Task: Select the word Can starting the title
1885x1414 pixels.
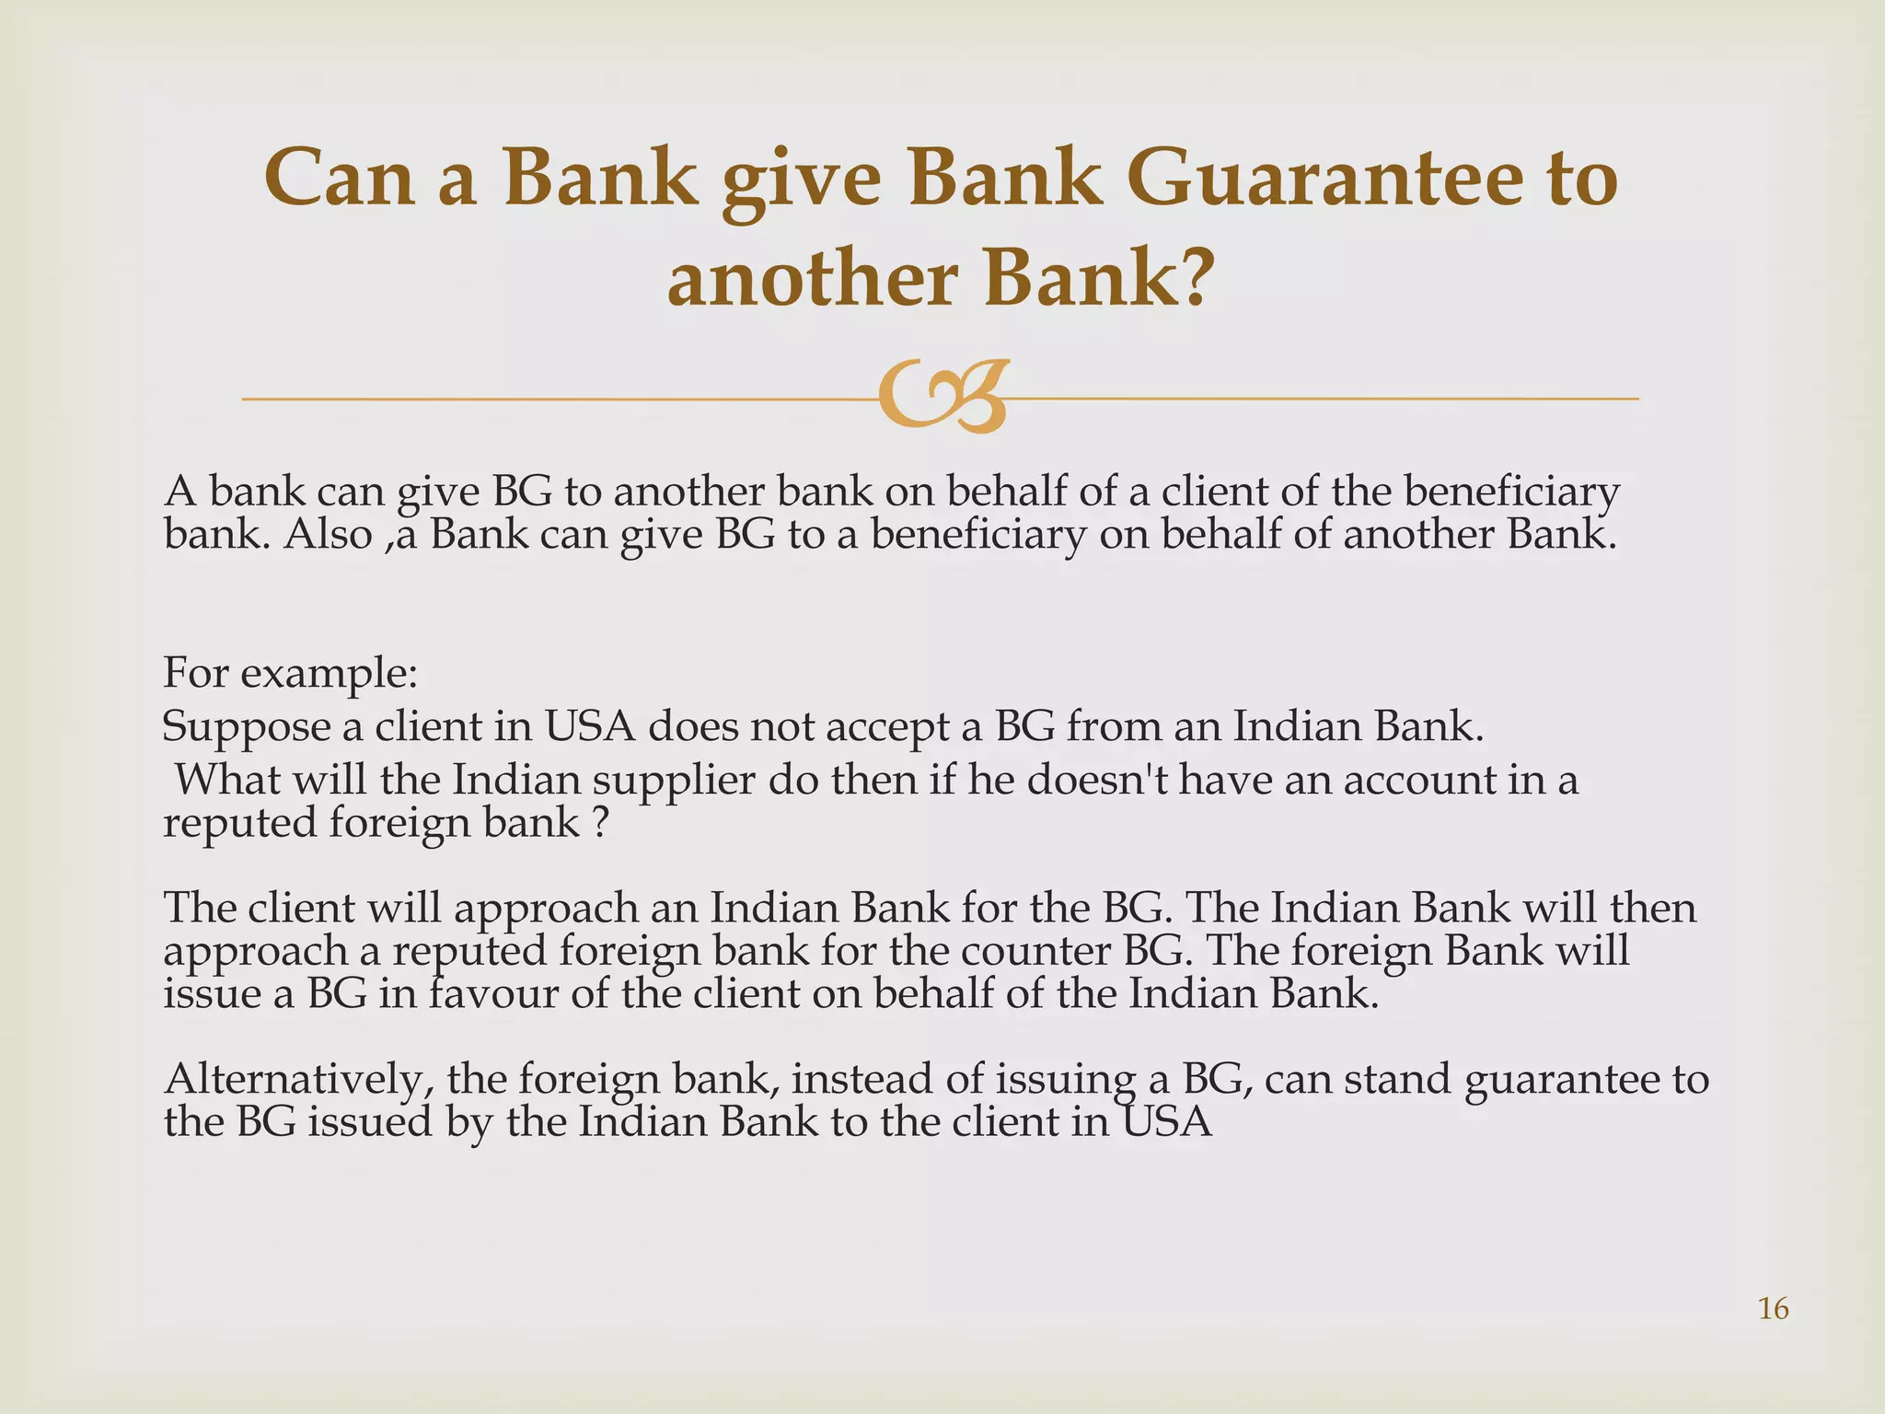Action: (338, 179)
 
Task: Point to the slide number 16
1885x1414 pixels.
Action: (1773, 1308)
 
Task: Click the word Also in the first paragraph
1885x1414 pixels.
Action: (328, 534)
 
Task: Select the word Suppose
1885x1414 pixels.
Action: (246, 727)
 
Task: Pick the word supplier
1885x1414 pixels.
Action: (675, 781)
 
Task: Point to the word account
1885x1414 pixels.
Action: (1421, 780)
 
